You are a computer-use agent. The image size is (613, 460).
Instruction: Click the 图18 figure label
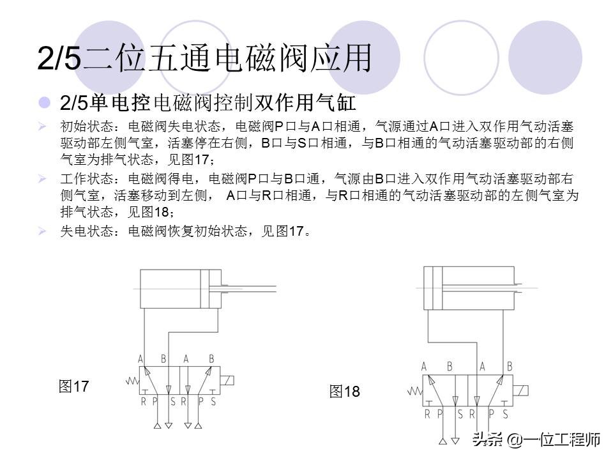[345, 392]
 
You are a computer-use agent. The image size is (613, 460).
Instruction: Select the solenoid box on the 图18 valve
[522, 391]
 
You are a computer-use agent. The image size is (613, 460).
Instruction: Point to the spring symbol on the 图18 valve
[414, 391]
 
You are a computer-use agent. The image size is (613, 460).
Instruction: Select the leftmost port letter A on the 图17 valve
[140, 360]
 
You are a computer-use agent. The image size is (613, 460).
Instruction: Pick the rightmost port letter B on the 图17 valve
[211, 360]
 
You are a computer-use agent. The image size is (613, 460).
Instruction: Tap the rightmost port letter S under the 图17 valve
[213, 402]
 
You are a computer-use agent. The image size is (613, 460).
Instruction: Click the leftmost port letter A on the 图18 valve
[425, 367]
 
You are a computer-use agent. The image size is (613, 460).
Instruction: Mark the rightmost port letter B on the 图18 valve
[509, 367]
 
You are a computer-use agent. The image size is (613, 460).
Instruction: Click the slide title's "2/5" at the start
[59, 60]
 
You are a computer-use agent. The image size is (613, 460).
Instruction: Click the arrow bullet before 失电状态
[42, 231]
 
